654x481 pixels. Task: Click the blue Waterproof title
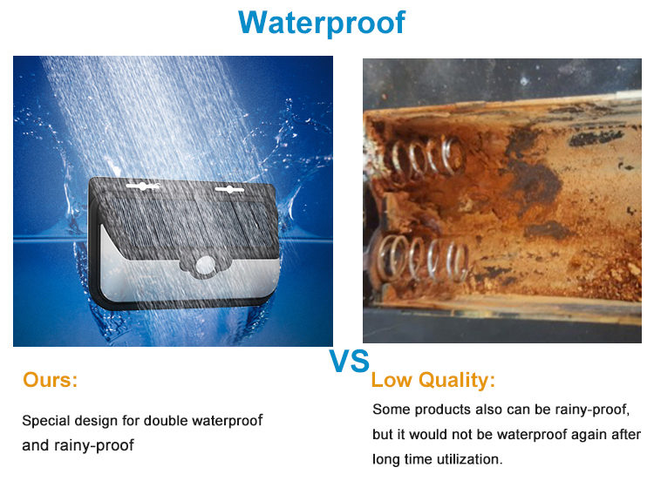[322, 23]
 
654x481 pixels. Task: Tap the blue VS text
[349, 361]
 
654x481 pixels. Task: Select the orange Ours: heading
[50, 380]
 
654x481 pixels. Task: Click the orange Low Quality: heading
[433, 380]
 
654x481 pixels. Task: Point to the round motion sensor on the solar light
[205, 266]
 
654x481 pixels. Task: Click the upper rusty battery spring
[426, 157]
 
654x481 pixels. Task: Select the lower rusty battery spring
[421, 259]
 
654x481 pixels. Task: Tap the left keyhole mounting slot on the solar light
[143, 186]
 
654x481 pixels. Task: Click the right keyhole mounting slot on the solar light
[229, 190]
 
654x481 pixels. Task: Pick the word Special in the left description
[45, 421]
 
